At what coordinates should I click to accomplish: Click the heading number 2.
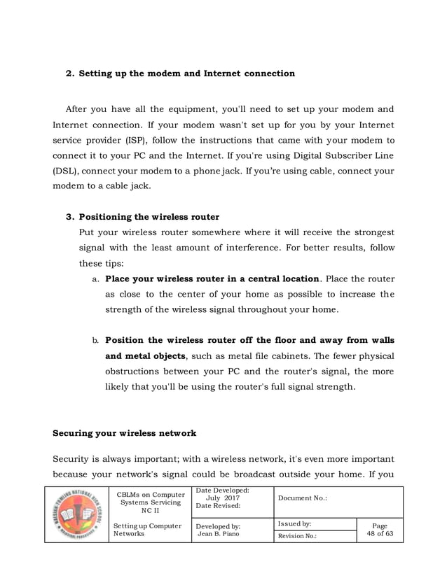[x=69, y=73]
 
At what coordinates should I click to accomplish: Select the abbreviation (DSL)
[x=67, y=171]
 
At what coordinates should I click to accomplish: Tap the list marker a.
[x=95, y=279]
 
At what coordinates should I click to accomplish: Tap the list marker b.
[x=95, y=341]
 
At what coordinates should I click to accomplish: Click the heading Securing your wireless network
[x=125, y=433]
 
